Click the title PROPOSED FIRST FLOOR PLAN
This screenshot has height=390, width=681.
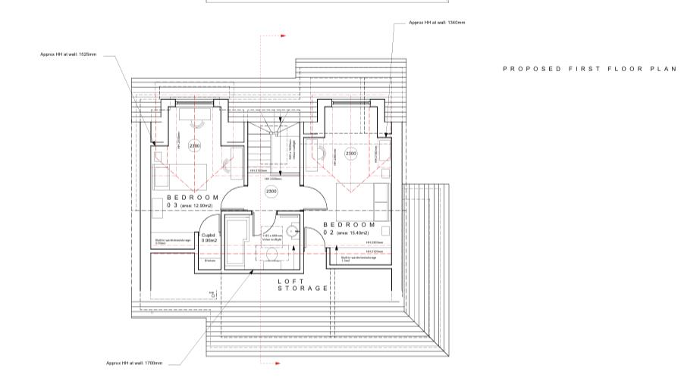[x=588, y=69]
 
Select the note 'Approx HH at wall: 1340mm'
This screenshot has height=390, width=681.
[x=436, y=23]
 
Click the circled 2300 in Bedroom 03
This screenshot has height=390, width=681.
[x=195, y=146]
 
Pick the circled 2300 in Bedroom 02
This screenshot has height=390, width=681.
[x=351, y=154]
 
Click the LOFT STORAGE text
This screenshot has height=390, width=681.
[x=303, y=285]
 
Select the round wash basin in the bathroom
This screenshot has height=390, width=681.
[x=293, y=232]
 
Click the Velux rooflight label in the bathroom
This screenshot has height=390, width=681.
[x=271, y=237]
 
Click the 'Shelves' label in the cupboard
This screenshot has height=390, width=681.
[x=209, y=260]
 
